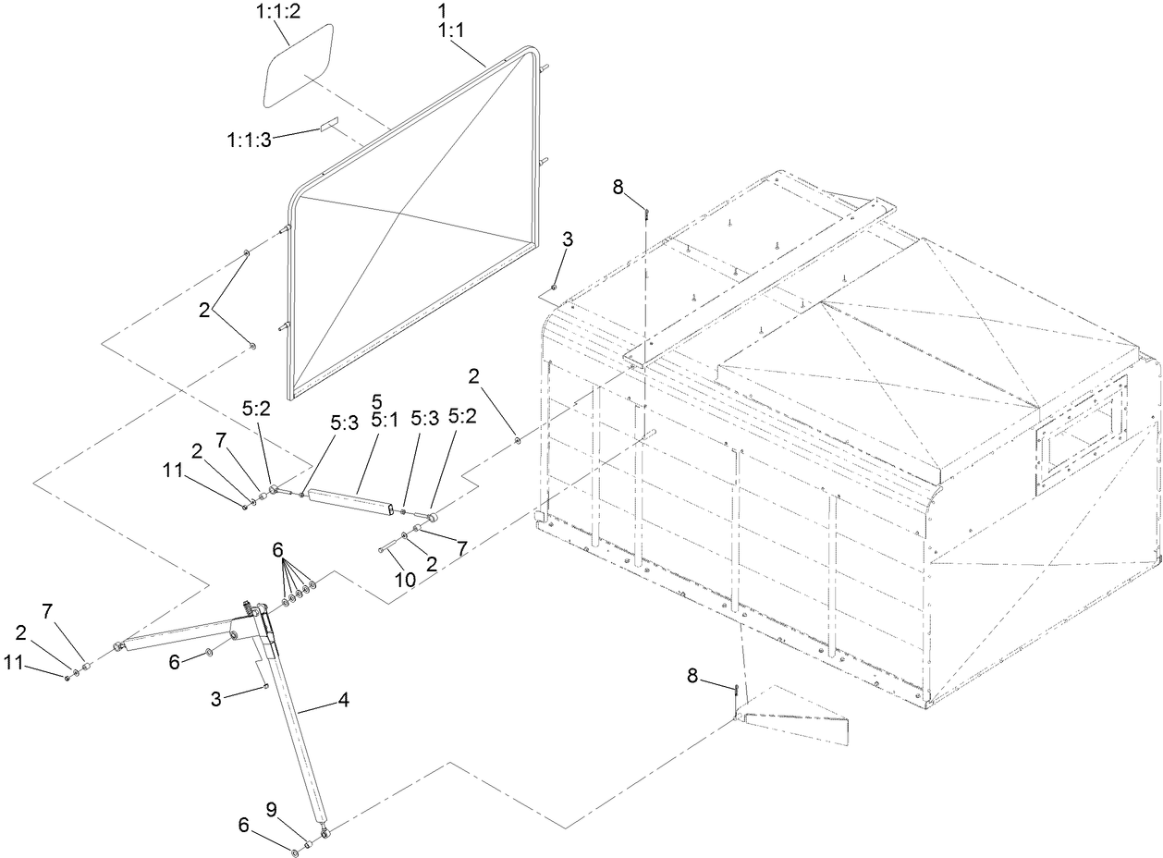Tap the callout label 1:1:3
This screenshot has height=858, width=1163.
click(x=249, y=140)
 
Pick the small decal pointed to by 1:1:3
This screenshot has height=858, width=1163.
click(x=330, y=123)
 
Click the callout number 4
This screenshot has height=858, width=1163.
click(x=343, y=702)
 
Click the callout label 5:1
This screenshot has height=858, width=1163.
click(x=376, y=418)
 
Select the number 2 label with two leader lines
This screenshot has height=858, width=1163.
click(x=203, y=310)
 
